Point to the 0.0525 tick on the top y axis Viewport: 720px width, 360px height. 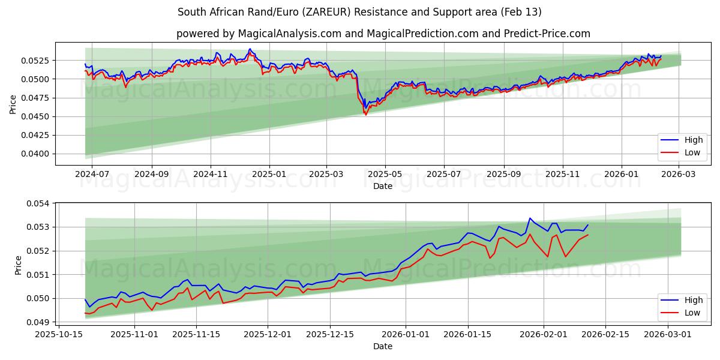(x=35, y=61)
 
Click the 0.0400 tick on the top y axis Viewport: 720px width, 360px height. (x=35, y=154)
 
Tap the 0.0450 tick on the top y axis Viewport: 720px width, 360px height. (x=35, y=116)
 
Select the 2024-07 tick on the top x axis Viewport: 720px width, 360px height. (x=92, y=173)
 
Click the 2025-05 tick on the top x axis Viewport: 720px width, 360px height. (x=385, y=173)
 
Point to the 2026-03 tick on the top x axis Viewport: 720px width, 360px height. (x=679, y=173)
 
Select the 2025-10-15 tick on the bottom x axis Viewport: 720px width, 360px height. (x=59, y=334)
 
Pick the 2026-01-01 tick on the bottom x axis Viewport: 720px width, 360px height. (x=406, y=334)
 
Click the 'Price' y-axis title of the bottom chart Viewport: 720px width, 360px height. (x=19, y=265)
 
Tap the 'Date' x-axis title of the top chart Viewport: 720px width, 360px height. (x=383, y=186)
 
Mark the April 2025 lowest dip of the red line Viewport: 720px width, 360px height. (x=366, y=115)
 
